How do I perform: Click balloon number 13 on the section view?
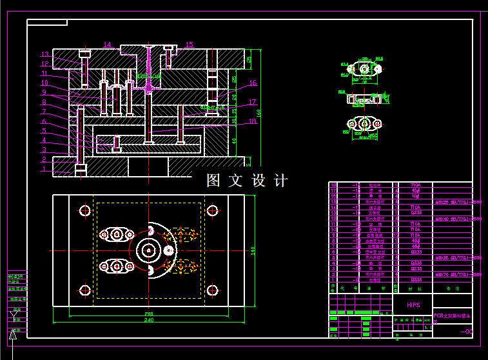tap(45, 54)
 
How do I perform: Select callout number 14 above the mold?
tap(107, 45)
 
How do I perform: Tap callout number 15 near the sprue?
tap(189, 45)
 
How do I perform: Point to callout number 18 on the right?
tap(252, 121)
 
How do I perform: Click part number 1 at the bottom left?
tap(44, 170)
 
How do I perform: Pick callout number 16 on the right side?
tap(253, 83)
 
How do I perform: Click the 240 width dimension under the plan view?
tap(149, 320)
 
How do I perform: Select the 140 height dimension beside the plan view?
tap(253, 250)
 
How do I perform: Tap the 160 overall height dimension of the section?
tap(259, 113)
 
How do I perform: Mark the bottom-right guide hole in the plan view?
tap(212, 290)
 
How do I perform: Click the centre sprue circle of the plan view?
tap(149, 250)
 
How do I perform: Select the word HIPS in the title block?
tap(413, 304)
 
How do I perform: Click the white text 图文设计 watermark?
tap(247, 181)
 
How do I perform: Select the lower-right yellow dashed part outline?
tap(181, 265)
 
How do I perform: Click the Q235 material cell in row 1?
tap(416, 280)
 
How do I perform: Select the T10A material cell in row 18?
tap(416, 185)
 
